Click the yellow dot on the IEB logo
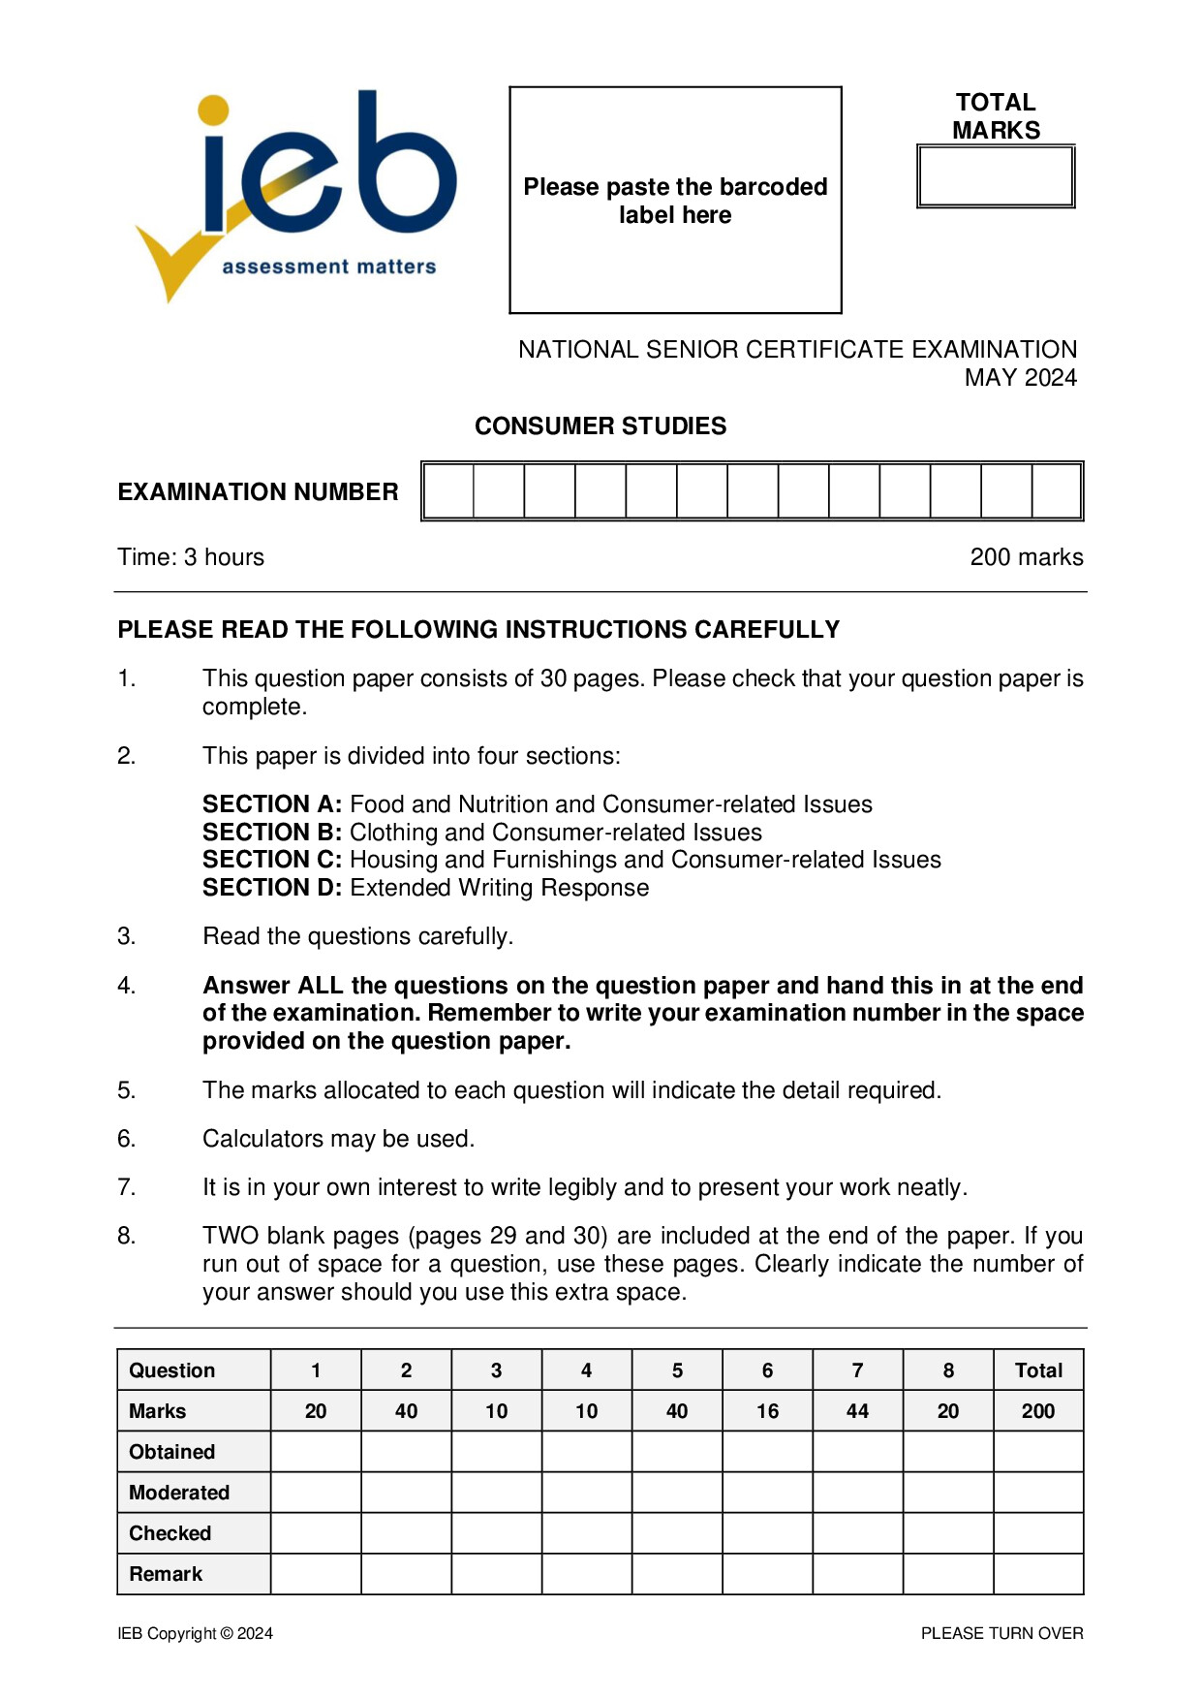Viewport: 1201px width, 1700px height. (x=213, y=110)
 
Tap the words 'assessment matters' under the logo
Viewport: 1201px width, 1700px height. (x=329, y=267)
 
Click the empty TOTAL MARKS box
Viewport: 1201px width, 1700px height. (x=996, y=176)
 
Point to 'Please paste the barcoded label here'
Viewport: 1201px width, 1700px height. (x=675, y=201)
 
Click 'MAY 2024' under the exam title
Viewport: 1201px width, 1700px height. (x=1020, y=378)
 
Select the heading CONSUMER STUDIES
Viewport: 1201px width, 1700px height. (x=600, y=426)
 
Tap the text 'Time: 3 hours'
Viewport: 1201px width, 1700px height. (x=191, y=557)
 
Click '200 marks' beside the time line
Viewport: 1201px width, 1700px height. (x=1026, y=557)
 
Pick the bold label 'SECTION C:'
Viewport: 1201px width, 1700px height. (x=272, y=860)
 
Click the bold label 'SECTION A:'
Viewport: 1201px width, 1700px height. (x=272, y=804)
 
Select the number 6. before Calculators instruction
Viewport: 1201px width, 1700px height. (x=127, y=1139)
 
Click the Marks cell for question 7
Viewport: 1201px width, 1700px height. (x=857, y=1411)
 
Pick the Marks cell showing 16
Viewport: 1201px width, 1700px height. (x=767, y=1411)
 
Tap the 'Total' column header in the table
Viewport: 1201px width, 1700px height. (x=1038, y=1370)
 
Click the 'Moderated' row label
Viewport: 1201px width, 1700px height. (x=179, y=1493)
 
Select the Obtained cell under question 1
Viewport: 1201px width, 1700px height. (x=316, y=1452)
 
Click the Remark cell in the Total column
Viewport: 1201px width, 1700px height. (x=1038, y=1574)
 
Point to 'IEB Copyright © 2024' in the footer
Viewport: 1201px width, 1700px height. (x=195, y=1633)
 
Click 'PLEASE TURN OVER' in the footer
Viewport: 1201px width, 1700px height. (x=1001, y=1633)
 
